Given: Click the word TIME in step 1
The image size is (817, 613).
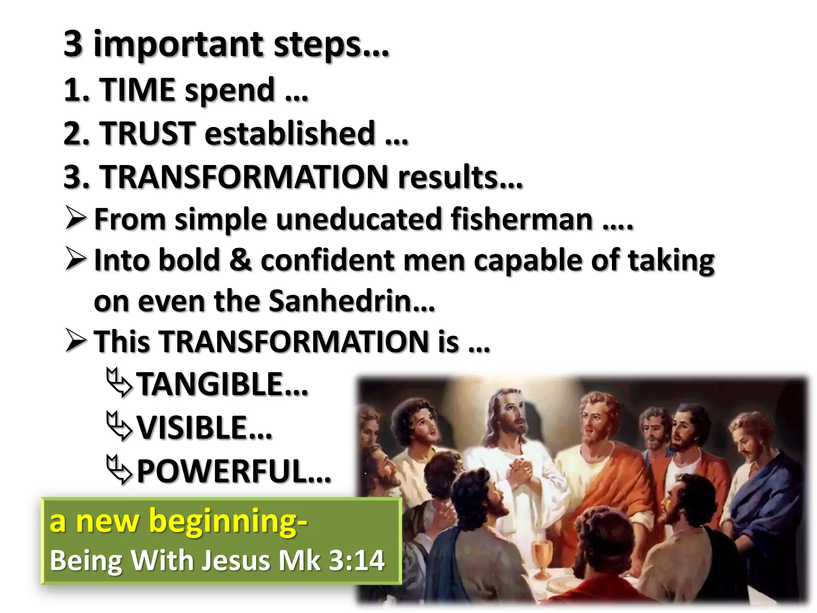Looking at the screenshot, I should coord(136,89).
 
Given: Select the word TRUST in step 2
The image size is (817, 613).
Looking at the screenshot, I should coord(147,133).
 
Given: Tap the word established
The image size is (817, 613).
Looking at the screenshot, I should coord(290,133).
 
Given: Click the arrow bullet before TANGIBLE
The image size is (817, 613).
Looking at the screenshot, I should coord(119,383).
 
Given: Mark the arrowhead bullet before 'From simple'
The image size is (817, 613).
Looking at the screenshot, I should coord(76,218).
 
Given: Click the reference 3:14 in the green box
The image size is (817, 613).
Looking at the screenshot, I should coord(357,560).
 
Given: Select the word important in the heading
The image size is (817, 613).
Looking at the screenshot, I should coord(179,44).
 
